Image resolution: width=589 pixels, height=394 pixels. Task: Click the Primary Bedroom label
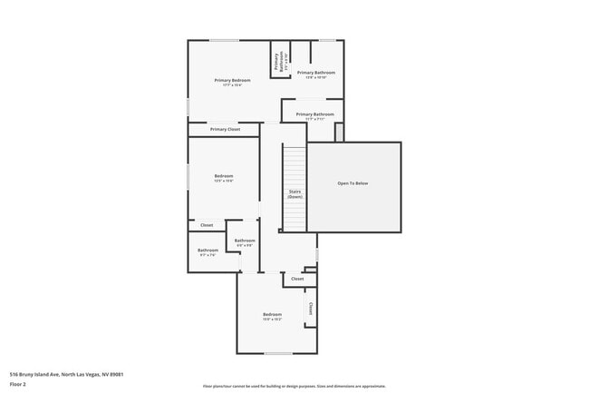pos(233,80)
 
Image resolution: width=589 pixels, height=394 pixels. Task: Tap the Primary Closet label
pos(225,130)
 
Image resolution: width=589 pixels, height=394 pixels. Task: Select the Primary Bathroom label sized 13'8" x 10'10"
pos(316,73)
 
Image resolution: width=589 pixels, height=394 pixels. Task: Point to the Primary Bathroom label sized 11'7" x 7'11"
pos(314,114)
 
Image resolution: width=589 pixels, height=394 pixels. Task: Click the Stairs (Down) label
pos(294,193)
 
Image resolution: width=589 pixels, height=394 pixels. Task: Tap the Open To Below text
pos(352,183)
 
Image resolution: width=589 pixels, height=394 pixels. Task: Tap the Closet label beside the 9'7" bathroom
pos(207,225)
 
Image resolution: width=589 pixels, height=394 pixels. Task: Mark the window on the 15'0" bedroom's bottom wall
pos(278,353)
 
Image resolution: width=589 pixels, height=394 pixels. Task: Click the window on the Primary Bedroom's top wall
pos(225,40)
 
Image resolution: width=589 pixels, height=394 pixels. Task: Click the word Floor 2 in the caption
pos(18,384)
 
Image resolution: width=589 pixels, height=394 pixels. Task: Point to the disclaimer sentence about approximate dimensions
pos(294,386)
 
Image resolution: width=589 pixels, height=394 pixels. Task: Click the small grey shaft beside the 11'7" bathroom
pos(339,133)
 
